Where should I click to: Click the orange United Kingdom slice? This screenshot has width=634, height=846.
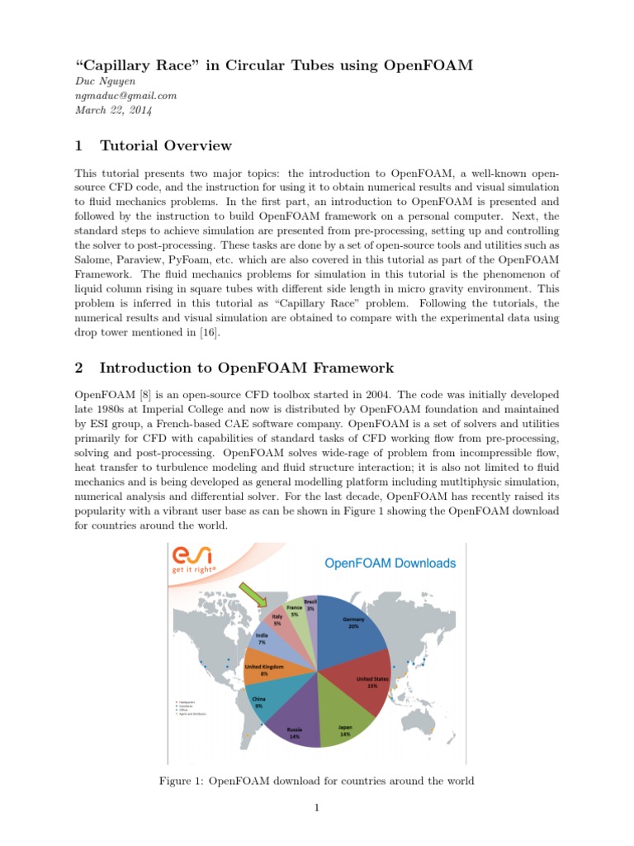click(x=263, y=672)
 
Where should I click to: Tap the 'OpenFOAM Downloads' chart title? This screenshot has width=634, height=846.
click(x=390, y=563)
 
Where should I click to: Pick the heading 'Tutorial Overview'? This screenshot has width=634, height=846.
click(x=165, y=146)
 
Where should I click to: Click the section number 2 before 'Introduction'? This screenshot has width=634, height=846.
click(x=78, y=368)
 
